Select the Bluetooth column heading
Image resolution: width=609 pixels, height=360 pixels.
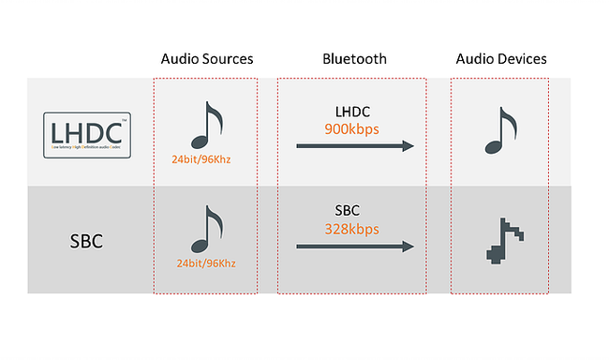point(353,59)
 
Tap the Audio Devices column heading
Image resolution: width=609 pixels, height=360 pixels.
point(501,59)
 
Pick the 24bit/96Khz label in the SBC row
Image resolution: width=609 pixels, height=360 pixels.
point(206,263)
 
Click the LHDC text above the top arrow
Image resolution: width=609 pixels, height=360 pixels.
point(352,110)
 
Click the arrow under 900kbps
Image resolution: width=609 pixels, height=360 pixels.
point(354,145)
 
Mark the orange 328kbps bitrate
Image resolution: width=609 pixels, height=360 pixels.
point(352,229)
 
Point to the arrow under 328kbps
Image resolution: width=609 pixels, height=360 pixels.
point(354,247)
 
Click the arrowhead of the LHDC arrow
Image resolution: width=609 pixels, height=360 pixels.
point(407,145)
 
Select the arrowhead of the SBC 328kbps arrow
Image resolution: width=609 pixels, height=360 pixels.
point(407,247)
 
